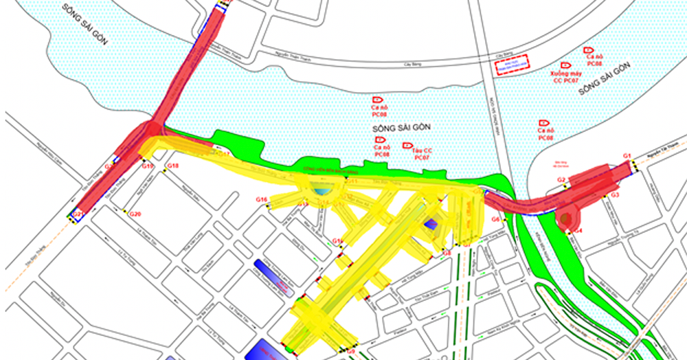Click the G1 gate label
(x=627, y=157)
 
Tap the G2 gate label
(x=561, y=180)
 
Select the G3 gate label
(x=616, y=196)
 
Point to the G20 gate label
(x=135, y=214)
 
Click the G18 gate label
(x=173, y=166)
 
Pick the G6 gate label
(x=496, y=219)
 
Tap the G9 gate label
(x=350, y=352)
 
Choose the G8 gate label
(x=447, y=253)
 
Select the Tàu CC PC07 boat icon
(x=407, y=146)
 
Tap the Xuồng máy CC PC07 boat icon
(x=565, y=65)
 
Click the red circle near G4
(x=566, y=219)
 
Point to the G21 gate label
(x=78, y=214)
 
